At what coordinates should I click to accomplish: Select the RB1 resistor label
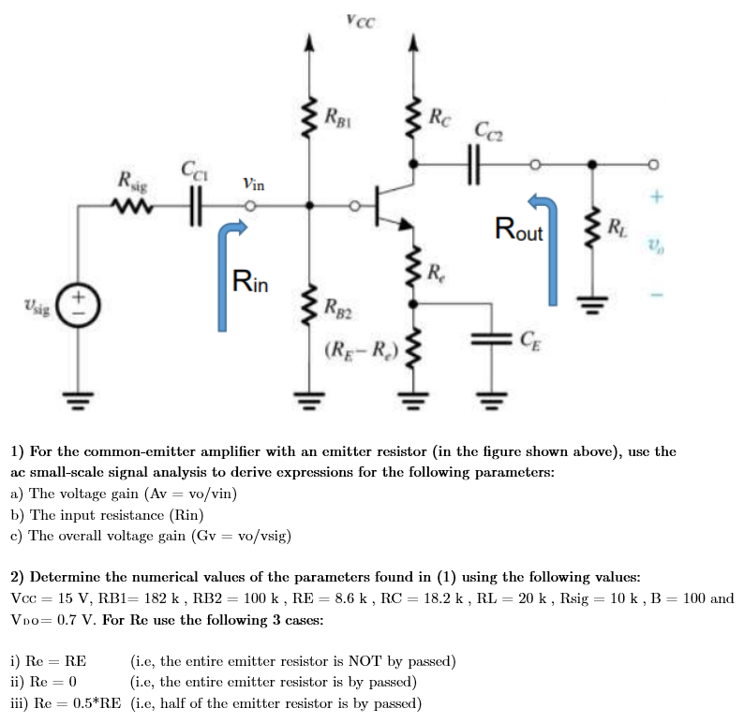[337, 117]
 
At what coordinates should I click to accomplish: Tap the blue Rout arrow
[548, 245]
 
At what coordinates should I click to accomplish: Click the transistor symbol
[389, 205]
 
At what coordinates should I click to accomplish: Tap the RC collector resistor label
[438, 119]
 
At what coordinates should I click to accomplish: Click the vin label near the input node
[253, 184]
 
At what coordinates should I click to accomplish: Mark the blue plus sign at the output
[656, 198]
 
